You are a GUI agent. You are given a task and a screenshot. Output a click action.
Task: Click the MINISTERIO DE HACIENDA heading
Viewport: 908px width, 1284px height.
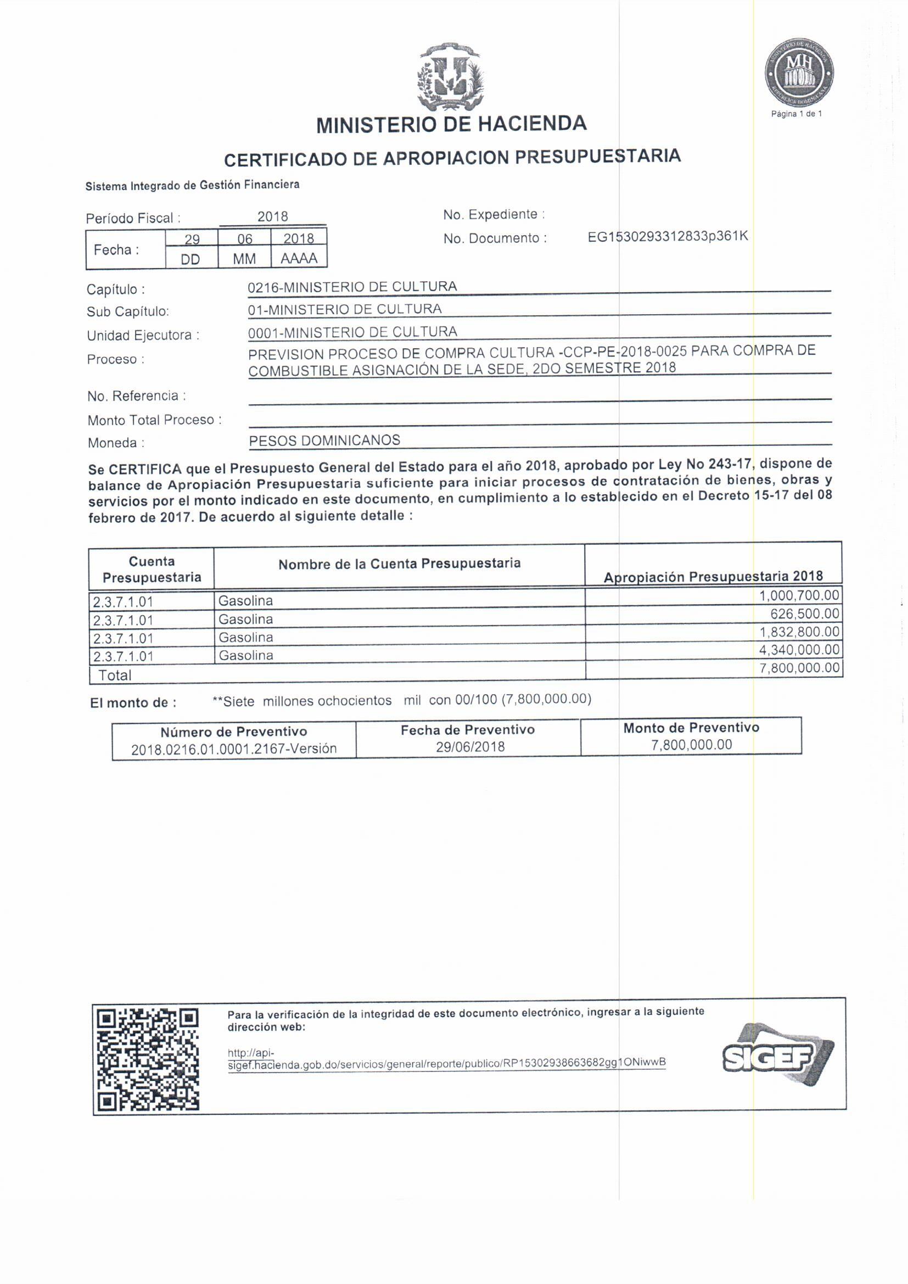[x=451, y=124]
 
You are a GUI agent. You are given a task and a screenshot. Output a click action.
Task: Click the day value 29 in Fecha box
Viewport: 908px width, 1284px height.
[x=192, y=239]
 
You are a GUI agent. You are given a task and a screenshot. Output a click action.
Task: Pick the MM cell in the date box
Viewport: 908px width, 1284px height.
[x=244, y=259]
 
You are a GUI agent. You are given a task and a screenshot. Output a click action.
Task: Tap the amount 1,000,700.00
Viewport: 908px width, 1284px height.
[x=799, y=595]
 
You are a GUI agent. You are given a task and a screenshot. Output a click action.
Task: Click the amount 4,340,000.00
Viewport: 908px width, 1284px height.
[x=799, y=649]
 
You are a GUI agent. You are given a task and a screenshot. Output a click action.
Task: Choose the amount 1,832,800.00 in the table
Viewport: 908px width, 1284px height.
[x=799, y=632]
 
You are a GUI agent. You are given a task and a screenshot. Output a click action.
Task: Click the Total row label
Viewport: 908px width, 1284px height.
[x=115, y=675]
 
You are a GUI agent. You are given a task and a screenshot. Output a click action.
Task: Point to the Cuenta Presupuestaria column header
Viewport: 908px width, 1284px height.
[x=152, y=569]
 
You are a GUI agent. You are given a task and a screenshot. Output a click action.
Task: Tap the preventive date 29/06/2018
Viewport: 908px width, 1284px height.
[x=470, y=746]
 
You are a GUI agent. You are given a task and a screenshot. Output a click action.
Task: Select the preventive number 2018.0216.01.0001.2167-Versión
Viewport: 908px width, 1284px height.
[x=234, y=749]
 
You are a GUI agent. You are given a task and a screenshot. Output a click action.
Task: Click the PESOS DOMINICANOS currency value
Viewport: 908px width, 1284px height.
[x=324, y=440]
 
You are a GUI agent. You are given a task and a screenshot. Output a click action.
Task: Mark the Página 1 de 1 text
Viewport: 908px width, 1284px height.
[x=796, y=114]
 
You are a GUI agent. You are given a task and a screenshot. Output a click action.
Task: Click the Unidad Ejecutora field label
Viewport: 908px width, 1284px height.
[x=143, y=336]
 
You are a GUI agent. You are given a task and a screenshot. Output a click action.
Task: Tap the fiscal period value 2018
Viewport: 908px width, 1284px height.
[x=272, y=216]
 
